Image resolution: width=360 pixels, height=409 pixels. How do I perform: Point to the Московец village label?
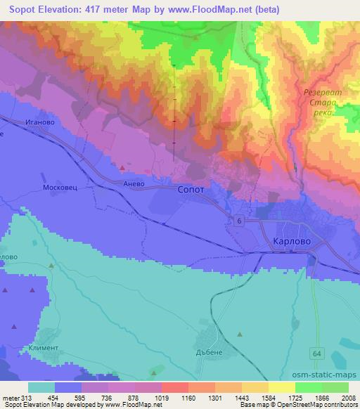point(59,189)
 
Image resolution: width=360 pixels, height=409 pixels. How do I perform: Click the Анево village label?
point(134,182)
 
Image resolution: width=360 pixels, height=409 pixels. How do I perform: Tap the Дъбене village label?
point(211,353)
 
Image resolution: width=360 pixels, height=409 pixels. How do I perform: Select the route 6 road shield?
point(240,221)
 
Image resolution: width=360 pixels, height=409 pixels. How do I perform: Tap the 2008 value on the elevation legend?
point(348,397)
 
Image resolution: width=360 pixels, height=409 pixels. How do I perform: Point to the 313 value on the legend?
point(28,397)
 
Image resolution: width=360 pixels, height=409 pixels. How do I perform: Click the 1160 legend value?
point(188,397)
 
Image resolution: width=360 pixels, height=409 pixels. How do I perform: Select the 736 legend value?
point(108,397)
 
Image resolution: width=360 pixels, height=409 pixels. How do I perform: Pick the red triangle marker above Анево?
point(123,168)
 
